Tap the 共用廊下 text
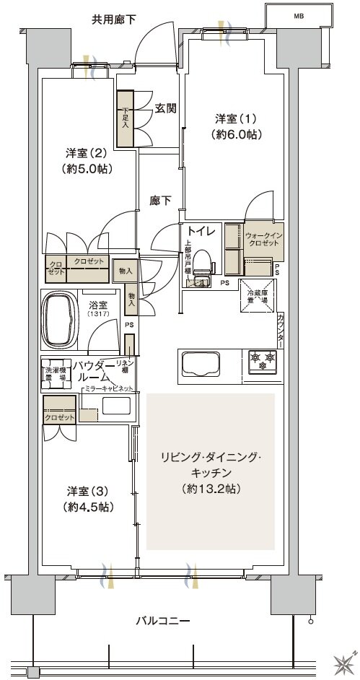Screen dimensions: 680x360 [114, 19]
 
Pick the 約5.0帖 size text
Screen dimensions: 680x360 [89, 169]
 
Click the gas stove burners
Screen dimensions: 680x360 [263, 359]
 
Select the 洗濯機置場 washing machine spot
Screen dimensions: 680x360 [55, 370]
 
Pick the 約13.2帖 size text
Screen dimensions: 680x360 [211, 488]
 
